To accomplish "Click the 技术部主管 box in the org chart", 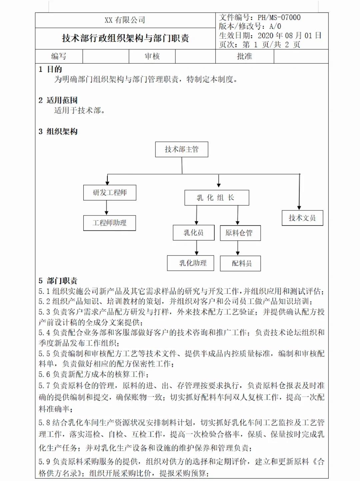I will click(x=182, y=149).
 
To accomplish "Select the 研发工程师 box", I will click(x=110, y=192).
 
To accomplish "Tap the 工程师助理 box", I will click(x=109, y=223).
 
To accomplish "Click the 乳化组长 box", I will click(x=217, y=198).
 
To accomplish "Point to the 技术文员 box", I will click(x=302, y=218).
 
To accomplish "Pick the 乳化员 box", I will click(x=194, y=233).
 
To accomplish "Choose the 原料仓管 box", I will click(x=240, y=233).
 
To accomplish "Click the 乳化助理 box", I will click(x=191, y=263).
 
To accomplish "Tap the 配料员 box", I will click(x=240, y=264).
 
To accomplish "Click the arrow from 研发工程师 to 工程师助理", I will click(x=107, y=208).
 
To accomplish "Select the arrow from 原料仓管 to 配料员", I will click(x=238, y=248).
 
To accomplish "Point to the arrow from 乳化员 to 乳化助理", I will click(x=197, y=248).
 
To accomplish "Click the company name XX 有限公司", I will click(x=125, y=20).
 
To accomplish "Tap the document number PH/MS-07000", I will click(x=279, y=17).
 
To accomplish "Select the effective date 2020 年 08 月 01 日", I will click(x=289, y=35).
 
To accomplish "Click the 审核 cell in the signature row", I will click(x=152, y=56).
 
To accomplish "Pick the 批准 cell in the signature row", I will click(x=244, y=56).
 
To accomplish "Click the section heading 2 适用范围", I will click(x=58, y=100).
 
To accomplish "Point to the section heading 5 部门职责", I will click(x=58, y=281).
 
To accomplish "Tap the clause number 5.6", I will click(x=44, y=374).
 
